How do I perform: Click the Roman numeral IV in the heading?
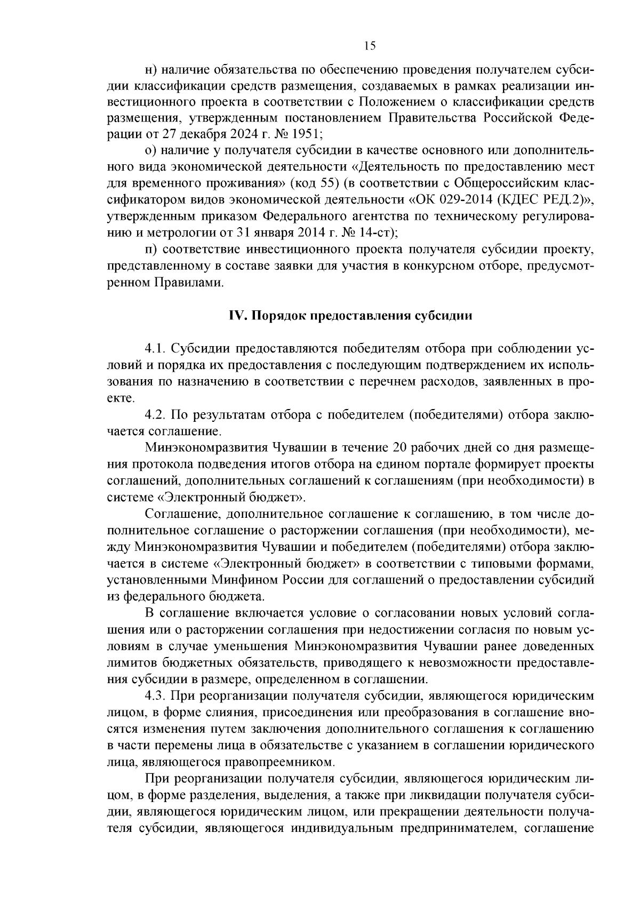coord(235,315)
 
